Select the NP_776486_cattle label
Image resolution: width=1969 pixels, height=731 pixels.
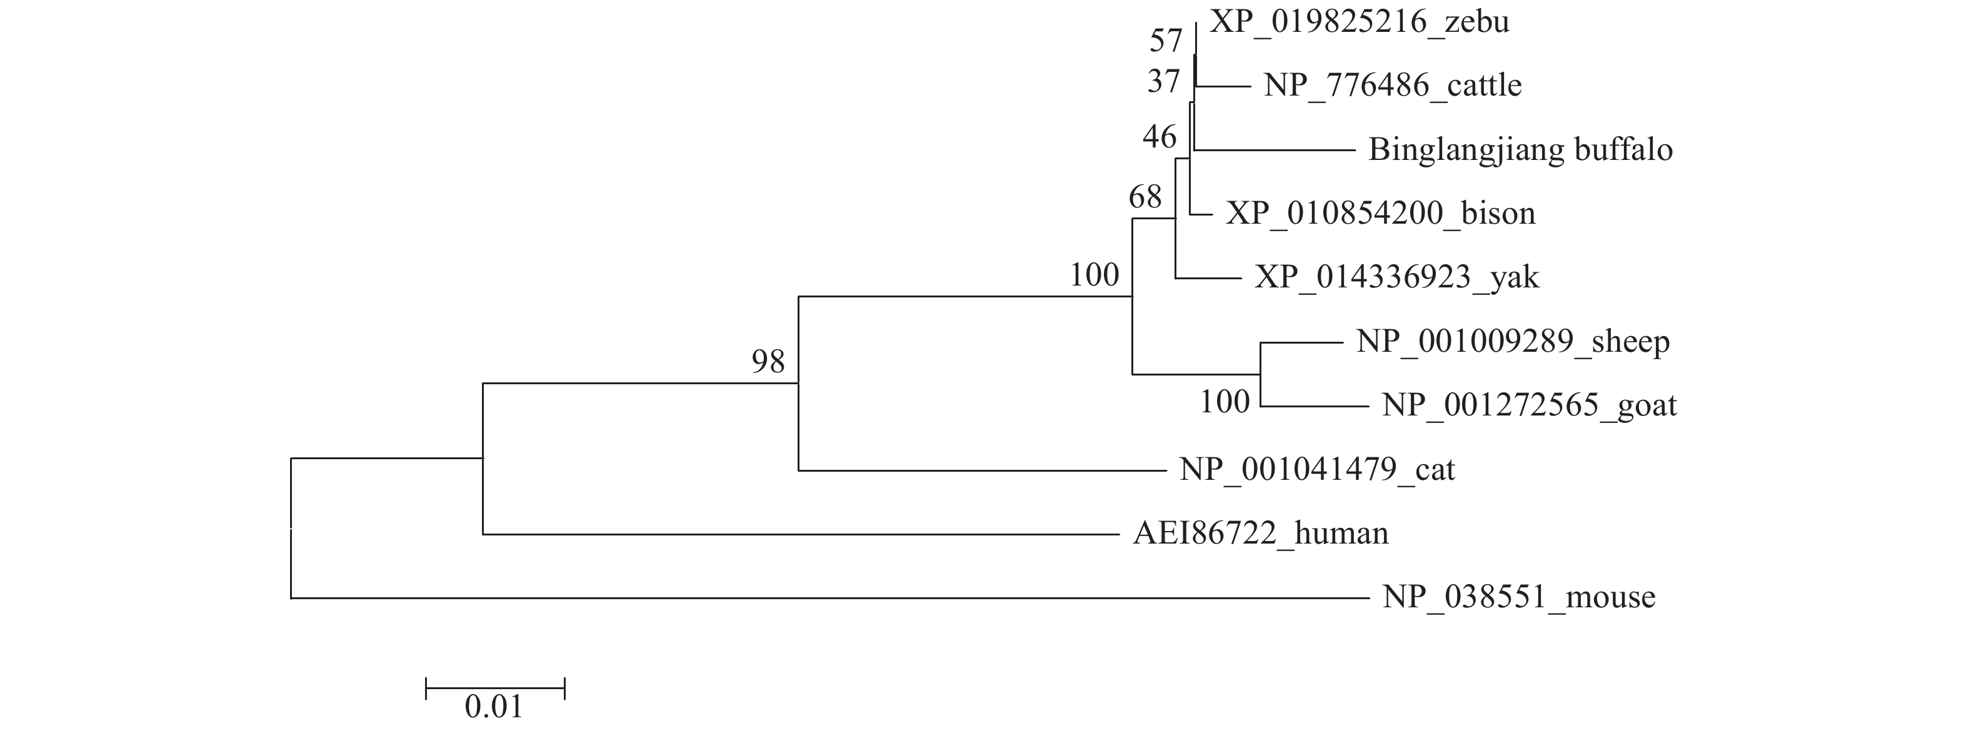tap(1392, 86)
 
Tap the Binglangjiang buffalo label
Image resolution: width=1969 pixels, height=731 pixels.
tap(1520, 150)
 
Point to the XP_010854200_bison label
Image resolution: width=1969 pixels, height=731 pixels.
tap(1380, 213)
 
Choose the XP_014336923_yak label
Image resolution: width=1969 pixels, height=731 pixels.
tap(1396, 277)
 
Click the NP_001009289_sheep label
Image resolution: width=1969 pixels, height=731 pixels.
tap(1512, 341)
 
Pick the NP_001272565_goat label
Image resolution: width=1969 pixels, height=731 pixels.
tap(1529, 405)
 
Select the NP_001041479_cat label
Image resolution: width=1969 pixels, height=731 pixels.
tap(1317, 469)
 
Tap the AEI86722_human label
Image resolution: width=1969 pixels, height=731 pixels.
tap(1260, 533)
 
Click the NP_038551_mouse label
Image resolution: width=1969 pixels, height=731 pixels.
tap(1519, 597)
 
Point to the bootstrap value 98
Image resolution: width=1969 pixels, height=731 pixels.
tap(768, 362)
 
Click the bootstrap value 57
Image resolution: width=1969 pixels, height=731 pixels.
tap(1166, 41)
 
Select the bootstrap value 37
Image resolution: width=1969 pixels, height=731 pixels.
tap(1163, 82)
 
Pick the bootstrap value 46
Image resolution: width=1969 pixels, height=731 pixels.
tap(1159, 137)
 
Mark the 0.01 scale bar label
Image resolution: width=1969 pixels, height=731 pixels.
tap(494, 707)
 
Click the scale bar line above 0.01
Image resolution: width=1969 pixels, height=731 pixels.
tap(494, 689)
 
